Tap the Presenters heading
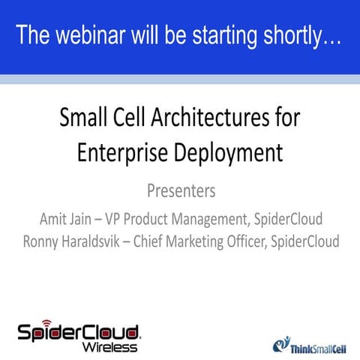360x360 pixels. tap(179, 191)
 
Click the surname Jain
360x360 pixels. tap(94, 219)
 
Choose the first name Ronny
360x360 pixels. tap(43, 242)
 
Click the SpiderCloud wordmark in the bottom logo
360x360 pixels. tap(79, 331)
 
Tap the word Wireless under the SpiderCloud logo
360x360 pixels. tap(110, 346)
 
